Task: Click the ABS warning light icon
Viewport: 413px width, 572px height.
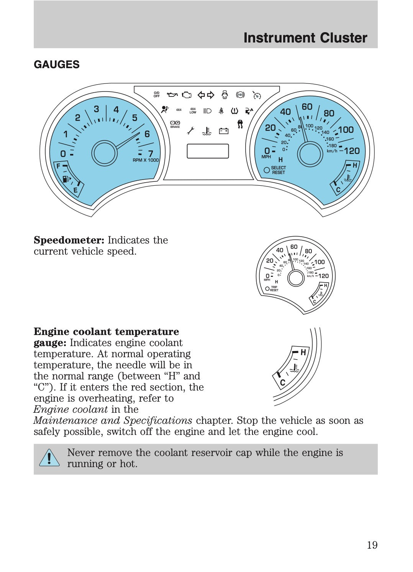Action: [x=240, y=95]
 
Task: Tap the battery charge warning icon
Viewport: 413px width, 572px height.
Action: [x=224, y=131]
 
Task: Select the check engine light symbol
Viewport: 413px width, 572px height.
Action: [x=187, y=95]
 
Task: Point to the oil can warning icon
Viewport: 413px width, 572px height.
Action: [x=172, y=95]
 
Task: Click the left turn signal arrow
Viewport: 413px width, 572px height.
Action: [x=201, y=95]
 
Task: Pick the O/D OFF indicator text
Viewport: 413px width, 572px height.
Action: [x=157, y=95]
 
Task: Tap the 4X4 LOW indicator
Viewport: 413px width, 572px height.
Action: [x=193, y=111]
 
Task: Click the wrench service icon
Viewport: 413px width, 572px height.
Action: [x=190, y=131]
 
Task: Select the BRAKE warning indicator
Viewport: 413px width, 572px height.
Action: [x=175, y=124]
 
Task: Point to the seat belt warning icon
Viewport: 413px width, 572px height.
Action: [x=221, y=111]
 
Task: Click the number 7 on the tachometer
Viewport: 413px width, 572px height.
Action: [x=151, y=154]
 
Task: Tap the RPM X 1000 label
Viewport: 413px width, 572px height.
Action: [x=146, y=160]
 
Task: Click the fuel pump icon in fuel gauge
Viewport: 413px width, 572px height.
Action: [x=66, y=179]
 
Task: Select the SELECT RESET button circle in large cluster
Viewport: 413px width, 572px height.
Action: [x=267, y=170]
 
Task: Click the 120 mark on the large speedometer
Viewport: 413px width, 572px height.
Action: [x=352, y=151]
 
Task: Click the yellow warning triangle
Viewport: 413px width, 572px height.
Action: [x=49, y=458]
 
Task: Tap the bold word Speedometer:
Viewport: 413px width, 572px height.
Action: [x=69, y=240]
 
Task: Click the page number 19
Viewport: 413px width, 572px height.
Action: [x=372, y=545]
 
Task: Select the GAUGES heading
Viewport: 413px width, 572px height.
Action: [x=57, y=64]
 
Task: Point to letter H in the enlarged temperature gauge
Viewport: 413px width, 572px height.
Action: [x=303, y=352]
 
